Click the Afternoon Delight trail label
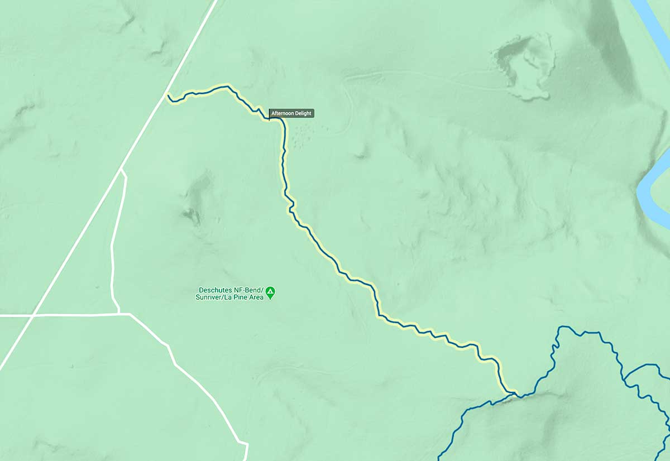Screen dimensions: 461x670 (x=291, y=113)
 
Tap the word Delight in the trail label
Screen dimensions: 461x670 (x=303, y=113)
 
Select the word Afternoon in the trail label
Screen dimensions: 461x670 (x=284, y=113)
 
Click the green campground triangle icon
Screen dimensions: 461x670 (x=270, y=291)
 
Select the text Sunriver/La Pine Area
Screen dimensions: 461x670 (x=232, y=297)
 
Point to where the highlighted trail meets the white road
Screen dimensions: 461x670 (x=167, y=96)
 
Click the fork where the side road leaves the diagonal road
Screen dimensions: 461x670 (x=122, y=169)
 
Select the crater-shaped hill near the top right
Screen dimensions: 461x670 (x=523, y=66)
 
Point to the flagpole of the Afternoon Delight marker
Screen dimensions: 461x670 (x=269, y=115)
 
